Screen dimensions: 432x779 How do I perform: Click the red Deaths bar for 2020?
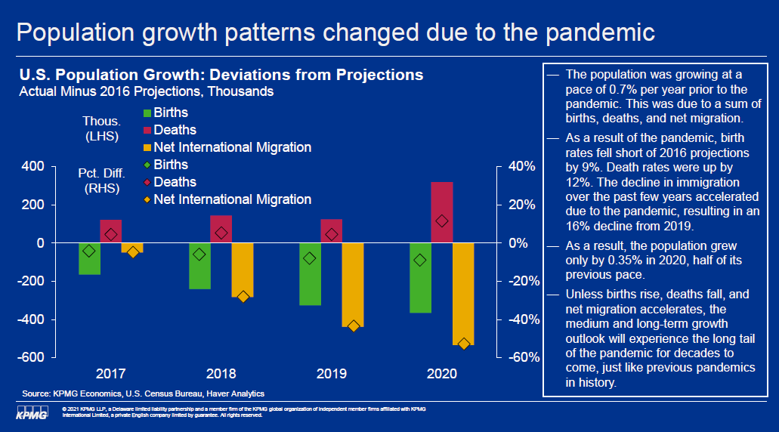pyautogui.click(x=442, y=212)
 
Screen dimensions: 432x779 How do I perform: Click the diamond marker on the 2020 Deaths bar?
pyautogui.click(x=442, y=221)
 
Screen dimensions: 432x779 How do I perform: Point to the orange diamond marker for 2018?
pyautogui.click(x=243, y=297)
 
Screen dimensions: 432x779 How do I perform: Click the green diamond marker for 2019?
pyautogui.click(x=309, y=258)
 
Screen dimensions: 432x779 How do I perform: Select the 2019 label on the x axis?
pyautogui.click(x=332, y=374)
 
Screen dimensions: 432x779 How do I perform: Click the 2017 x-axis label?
pyautogui.click(x=111, y=374)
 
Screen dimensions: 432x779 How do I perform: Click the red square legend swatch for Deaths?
pyautogui.click(x=147, y=131)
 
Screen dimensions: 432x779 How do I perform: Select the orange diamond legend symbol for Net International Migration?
pyautogui.click(x=147, y=200)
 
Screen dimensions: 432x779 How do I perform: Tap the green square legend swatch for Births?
pyautogui.click(x=147, y=113)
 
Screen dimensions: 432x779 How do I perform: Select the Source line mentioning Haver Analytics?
pyautogui.click(x=143, y=394)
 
